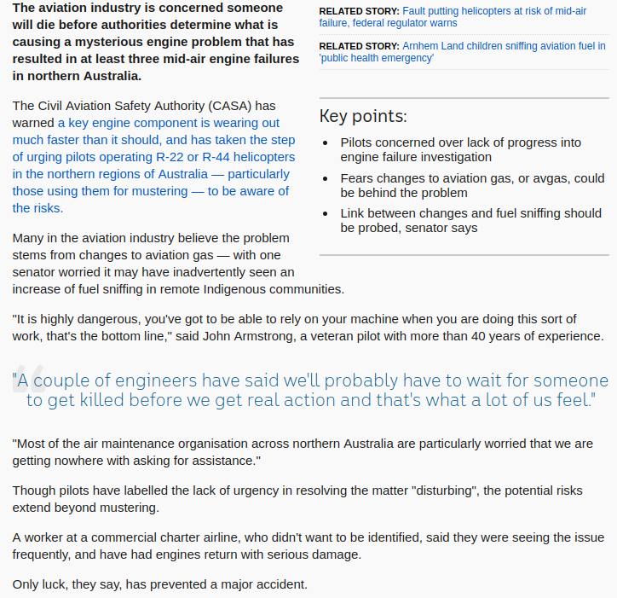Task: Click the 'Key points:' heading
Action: (x=363, y=117)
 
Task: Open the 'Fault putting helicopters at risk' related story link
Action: (x=494, y=11)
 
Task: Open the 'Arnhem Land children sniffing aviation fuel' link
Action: (x=503, y=46)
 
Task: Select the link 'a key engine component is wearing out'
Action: (x=169, y=123)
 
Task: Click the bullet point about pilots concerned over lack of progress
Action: (x=460, y=150)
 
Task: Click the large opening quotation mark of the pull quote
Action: (x=23, y=384)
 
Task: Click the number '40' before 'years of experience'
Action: (x=458, y=336)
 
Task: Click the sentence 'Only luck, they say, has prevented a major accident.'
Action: (x=159, y=584)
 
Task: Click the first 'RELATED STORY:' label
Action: (x=359, y=11)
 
